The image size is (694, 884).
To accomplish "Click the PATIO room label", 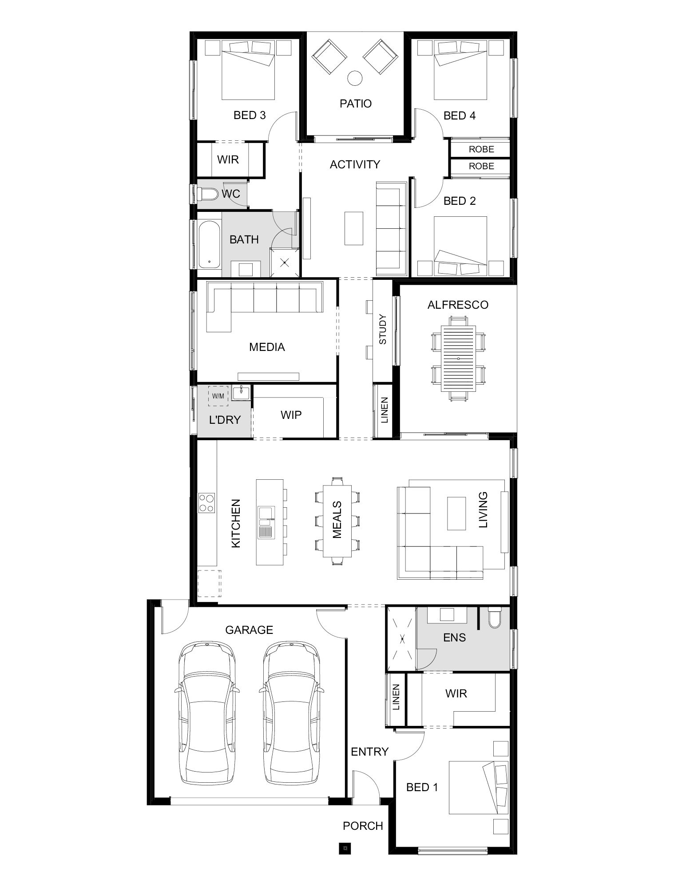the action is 355,104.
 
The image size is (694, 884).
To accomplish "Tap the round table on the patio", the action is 354,79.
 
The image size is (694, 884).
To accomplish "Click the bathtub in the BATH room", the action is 209,245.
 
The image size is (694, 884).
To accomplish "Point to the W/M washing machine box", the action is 218,396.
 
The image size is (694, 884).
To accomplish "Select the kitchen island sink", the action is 266,522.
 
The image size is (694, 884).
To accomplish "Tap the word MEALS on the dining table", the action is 337,520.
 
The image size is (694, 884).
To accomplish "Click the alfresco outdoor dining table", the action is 458,358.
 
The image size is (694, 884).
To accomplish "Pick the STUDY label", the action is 383,329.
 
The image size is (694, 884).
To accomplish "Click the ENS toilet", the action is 494,618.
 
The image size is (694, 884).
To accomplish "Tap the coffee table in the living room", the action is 456,513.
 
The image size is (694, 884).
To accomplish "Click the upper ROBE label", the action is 481,149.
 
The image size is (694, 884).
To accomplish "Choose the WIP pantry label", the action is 291,415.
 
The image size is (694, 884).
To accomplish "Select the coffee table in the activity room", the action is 354,228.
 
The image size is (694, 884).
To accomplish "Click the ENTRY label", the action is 369,752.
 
